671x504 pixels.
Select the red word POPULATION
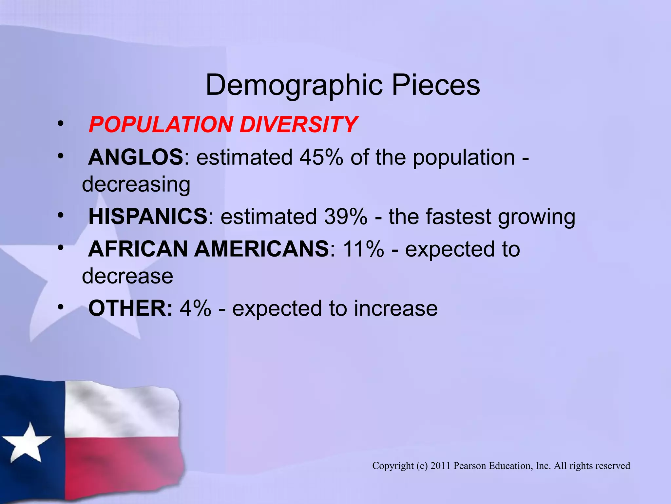[161, 125]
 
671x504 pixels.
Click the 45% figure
[321, 157]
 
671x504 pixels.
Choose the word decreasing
[136, 184]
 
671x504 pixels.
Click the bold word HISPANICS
[148, 217]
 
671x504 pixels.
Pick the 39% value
[346, 217]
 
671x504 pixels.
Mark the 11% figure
[363, 249]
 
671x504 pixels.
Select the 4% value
[195, 308]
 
